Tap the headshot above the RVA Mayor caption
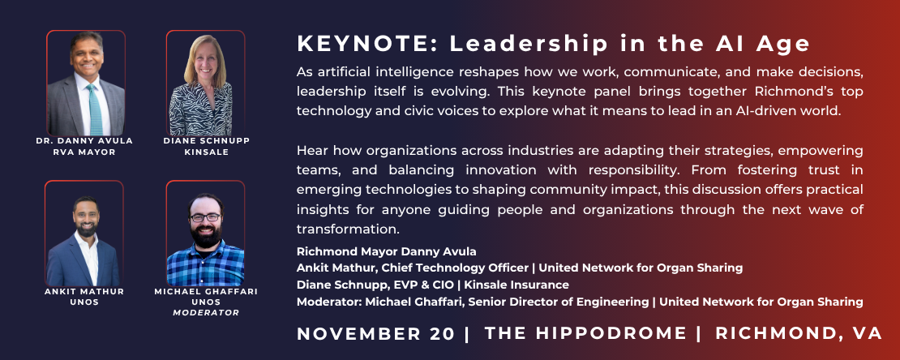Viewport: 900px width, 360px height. (x=86, y=83)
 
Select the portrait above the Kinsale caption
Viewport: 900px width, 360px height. (x=205, y=83)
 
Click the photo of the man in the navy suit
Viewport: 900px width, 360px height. (x=84, y=234)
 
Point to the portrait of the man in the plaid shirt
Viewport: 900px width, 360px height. (x=205, y=234)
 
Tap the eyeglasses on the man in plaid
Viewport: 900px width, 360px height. (x=205, y=217)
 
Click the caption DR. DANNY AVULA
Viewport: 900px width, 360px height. (x=84, y=140)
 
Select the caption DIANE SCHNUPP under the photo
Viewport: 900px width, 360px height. (x=207, y=140)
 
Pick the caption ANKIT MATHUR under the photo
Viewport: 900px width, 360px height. (x=84, y=292)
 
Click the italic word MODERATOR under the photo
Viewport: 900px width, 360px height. (x=206, y=313)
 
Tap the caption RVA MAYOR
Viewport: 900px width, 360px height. (x=84, y=152)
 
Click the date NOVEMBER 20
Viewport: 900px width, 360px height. (x=376, y=333)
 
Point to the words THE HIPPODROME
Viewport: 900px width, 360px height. (x=585, y=333)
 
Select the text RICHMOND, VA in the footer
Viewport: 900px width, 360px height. (x=799, y=333)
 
